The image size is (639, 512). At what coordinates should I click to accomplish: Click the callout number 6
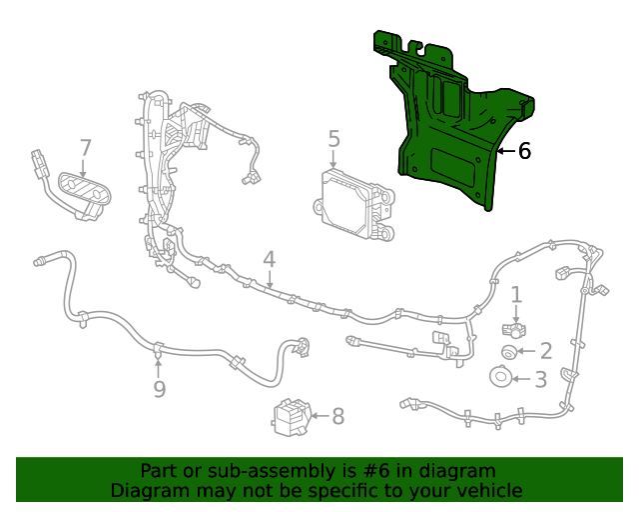pos(524,151)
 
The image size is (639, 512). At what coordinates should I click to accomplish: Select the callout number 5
pos(333,139)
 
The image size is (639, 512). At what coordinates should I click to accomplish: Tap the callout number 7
pos(85,148)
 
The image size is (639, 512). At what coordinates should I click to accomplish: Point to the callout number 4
pos(269,260)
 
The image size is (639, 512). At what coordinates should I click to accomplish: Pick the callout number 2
pos(545,351)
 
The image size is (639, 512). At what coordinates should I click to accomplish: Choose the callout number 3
pos(540,380)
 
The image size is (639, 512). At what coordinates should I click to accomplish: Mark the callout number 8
pos(337,416)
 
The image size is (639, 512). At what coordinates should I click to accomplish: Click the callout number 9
pos(159,389)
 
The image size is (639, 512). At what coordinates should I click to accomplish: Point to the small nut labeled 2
pos(508,351)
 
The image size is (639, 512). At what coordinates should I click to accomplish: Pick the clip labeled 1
pos(514,328)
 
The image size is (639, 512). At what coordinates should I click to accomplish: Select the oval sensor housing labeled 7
pos(82,189)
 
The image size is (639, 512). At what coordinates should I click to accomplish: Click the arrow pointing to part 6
pos(506,151)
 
